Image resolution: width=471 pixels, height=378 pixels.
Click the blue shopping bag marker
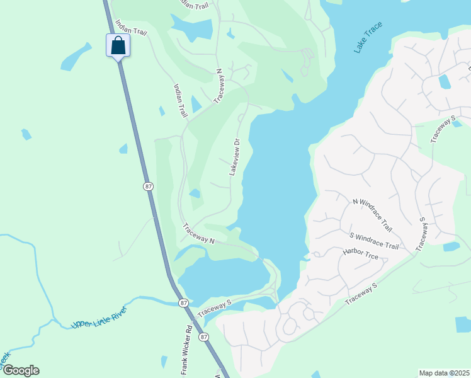click(118, 45)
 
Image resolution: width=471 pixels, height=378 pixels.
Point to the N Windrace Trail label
click(372, 214)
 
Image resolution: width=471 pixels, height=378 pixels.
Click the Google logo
click(20, 370)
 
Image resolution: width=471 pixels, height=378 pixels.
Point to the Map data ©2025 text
click(444, 373)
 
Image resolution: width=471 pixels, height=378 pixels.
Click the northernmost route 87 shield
click(148, 186)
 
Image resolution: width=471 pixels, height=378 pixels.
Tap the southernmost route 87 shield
click(203, 337)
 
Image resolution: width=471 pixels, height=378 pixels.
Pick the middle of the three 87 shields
click(183, 303)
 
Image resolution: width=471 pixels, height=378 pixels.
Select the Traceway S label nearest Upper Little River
click(215, 307)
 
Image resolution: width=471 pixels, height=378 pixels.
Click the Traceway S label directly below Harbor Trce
click(360, 295)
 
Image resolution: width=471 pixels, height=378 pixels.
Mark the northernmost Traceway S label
click(443, 130)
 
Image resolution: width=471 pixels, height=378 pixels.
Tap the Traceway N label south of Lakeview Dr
click(199, 232)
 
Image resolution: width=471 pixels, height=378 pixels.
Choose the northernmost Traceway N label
click(219, 86)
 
